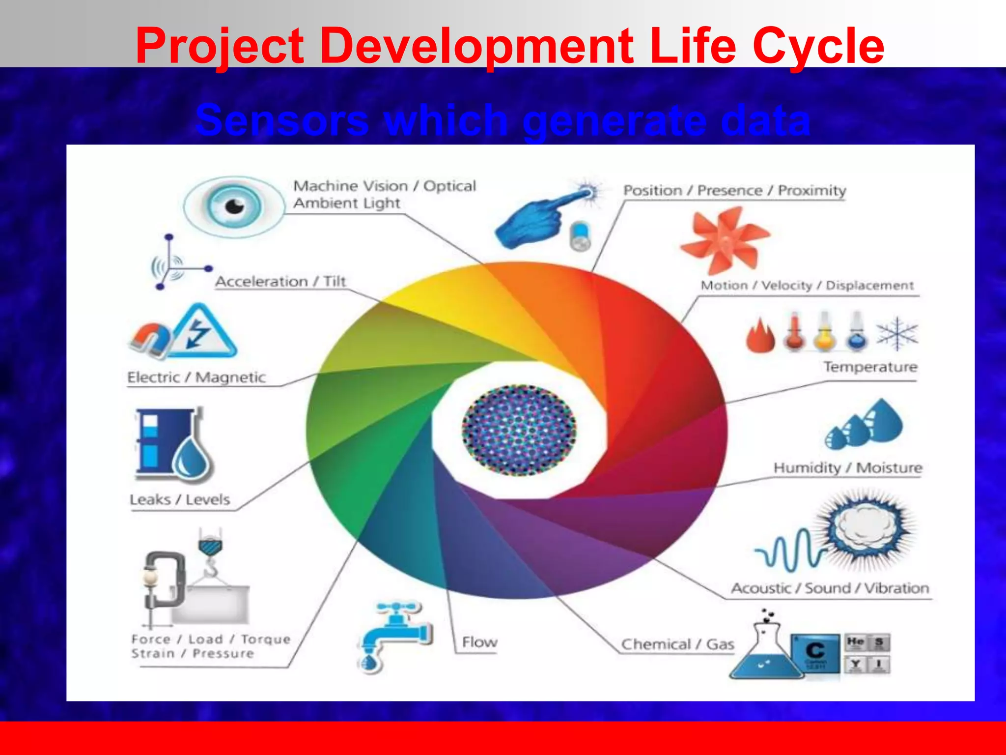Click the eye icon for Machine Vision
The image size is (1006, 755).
[x=234, y=207]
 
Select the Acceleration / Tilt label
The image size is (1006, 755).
[x=280, y=282]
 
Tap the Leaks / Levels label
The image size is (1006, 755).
[x=180, y=500]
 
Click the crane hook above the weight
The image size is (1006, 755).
[x=211, y=555]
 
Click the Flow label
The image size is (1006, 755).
[x=479, y=642]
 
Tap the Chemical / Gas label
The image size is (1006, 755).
[x=677, y=644]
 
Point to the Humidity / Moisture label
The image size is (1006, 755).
[x=848, y=467]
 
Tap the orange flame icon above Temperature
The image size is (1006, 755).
[x=760, y=336]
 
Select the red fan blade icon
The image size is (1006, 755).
[x=725, y=240]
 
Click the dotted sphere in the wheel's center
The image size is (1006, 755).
[x=519, y=431]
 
